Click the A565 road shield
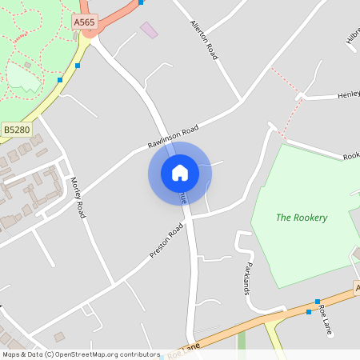pos(84,23)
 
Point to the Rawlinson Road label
pos(172,138)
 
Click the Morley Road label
pos(78,198)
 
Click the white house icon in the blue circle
pos(180,173)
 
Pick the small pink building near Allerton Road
pos(149,30)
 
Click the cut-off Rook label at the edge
pos(351,157)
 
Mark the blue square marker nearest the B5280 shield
pos(60,79)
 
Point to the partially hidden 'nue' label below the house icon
pos(182,197)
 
